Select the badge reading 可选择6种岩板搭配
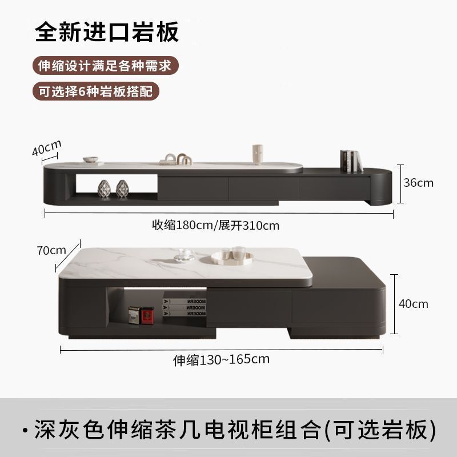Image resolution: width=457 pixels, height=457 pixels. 95,91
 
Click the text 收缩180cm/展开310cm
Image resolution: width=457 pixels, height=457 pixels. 215,225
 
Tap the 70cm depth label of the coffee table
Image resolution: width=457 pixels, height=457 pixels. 50,250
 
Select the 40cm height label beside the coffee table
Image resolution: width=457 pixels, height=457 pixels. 413,304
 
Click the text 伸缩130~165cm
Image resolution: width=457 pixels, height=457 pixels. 221,360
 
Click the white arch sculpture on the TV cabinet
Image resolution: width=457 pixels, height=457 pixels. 178,159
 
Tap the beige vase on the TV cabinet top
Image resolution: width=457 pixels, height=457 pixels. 258,154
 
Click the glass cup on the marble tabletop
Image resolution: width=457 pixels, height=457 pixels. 182,254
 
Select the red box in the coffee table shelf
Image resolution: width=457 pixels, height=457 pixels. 147,315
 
